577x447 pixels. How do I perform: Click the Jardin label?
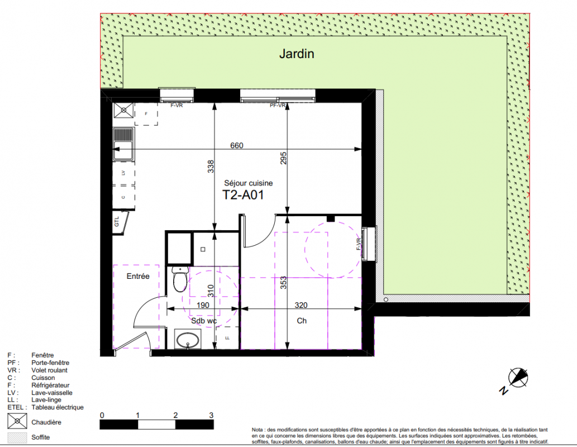coord(297,54)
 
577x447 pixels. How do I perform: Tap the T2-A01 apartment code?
coord(243,195)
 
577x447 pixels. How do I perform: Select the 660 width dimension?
coord(237,145)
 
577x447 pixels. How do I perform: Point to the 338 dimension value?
coord(211,167)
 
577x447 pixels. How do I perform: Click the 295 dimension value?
coord(283,158)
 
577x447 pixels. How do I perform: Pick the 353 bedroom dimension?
coord(283,283)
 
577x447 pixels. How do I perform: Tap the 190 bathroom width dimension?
coord(203,305)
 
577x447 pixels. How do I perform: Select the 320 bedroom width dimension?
coord(301,305)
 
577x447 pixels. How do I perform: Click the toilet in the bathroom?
coord(180,279)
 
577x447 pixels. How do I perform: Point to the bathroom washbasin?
coord(188,339)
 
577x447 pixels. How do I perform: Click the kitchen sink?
coord(123,144)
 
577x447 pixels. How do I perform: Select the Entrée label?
coord(138,276)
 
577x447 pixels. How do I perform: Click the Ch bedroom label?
coord(302,321)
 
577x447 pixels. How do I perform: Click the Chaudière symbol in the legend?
coord(17,421)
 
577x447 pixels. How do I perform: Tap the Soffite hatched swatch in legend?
coord(17,438)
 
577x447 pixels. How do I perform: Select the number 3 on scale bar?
coord(211,415)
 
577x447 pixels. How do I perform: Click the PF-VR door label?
coord(278,106)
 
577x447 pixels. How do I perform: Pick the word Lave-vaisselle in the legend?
coord(52,392)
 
